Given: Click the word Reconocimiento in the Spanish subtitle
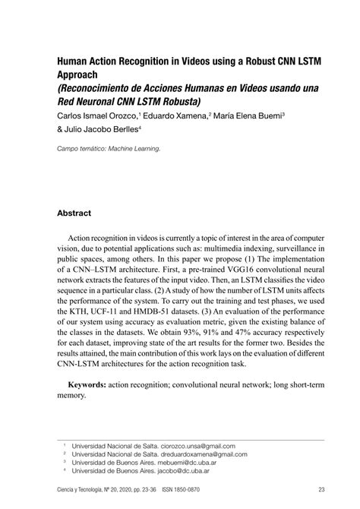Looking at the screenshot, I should [100, 87].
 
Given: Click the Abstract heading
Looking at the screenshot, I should [74, 213].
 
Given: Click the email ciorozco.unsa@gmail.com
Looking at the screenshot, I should [192, 446].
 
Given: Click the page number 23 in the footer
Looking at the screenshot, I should [322, 490].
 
